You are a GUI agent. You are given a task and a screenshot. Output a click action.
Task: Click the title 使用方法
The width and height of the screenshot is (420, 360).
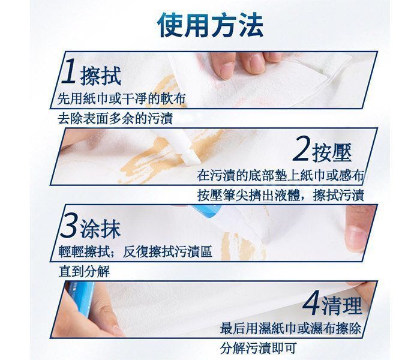(x=210, y=25)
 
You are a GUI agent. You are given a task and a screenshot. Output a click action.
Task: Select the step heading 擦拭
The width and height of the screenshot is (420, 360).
(x=100, y=76)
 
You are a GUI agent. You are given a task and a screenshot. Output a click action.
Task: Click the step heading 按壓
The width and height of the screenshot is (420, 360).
(x=332, y=152)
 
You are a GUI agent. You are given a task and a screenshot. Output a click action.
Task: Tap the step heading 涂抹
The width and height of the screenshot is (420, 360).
(x=100, y=229)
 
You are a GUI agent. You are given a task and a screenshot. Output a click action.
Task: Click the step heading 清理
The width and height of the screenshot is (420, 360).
(x=342, y=305)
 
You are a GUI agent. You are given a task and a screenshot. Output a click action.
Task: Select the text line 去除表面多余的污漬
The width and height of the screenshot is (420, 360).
(x=115, y=118)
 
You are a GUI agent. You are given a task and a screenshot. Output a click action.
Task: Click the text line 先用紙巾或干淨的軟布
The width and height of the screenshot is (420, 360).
(x=121, y=99)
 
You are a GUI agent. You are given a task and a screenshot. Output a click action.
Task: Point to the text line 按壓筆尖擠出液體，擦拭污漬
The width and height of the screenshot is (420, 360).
(x=280, y=195)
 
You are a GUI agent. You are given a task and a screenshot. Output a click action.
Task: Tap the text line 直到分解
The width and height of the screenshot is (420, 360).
(x=84, y=271)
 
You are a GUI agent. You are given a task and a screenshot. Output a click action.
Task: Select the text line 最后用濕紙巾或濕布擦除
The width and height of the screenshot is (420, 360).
(x=290, y=329)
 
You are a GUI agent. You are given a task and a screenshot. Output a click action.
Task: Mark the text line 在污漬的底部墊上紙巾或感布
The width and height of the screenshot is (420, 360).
(x=280, y=176)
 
